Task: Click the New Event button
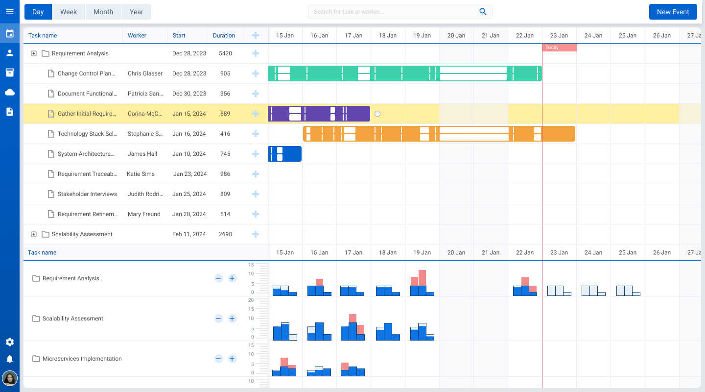(x=673, y=12)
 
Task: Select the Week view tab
(x=69, y=12)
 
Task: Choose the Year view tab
(x=136, y=12)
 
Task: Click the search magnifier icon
(x=483, y=12)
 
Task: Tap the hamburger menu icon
(x=10, y=12)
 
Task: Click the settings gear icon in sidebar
(x=10, y=342)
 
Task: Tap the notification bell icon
(x=10, y=359)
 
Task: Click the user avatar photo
(x=10, y=378)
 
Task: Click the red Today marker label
(x=559, y=48)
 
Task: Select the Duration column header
(x=224, y=35)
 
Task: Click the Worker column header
(x=137, y=35)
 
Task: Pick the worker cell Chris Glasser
(x=145, y=73)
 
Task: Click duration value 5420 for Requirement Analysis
(x=225, y=53)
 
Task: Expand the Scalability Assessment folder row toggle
(x=34, y=234)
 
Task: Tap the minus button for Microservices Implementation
(x=219, y=359)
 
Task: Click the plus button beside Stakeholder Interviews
(x=255, y=194)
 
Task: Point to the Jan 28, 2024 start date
(x=189, y=214)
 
